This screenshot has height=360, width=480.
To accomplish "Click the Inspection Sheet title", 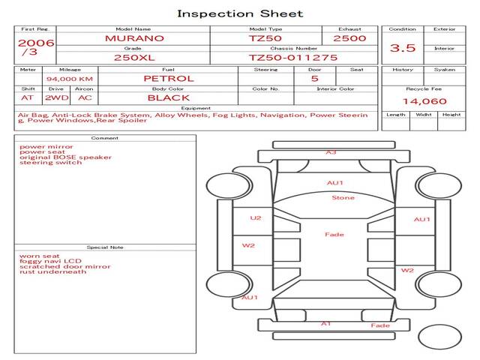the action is pos(240,13).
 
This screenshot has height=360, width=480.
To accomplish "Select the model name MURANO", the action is pos(134,38).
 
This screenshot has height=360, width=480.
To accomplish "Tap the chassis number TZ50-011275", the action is pos(293,58).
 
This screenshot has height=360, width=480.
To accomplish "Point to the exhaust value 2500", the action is pos(349,38).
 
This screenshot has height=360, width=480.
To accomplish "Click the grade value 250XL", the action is pos(134,58).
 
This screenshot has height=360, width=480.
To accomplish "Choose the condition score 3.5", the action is pos(403,48).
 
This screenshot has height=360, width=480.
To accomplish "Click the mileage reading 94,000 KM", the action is pos(70,79).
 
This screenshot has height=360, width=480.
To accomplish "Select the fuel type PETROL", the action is pos(169,79).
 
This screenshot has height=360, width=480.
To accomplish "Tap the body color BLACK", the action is pos(169,98).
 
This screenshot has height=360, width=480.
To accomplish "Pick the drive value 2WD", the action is pos(57,98).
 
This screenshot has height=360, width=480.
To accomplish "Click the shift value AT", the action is pos(27,98).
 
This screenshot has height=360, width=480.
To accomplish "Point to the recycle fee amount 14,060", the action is pos(424,101).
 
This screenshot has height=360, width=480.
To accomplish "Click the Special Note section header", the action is pos(105,247).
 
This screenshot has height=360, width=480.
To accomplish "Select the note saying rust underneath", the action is pos(53,271).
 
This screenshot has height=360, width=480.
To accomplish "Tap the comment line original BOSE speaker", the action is pos(65,157).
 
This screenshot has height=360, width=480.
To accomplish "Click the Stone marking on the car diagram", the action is pos(343,198).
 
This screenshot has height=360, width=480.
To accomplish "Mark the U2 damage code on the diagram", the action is pos(256,218).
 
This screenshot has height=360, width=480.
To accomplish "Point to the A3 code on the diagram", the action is pos(331,152).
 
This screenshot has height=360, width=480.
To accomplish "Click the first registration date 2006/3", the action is pos(36,47).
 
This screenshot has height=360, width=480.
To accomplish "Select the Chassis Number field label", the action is pos(293,48).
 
